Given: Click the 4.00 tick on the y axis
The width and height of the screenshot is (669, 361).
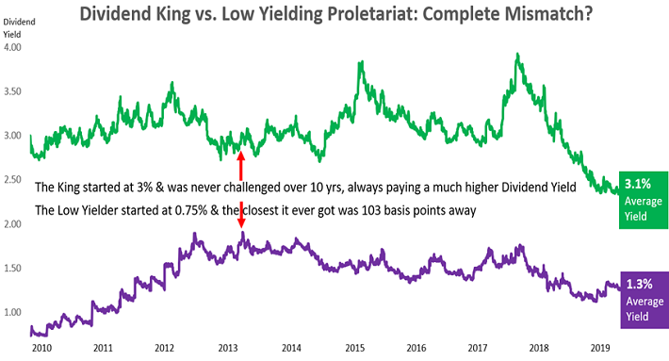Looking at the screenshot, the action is click(x=12, y=47).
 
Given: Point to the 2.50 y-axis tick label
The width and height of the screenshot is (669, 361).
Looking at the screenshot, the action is click(x=12, y=180).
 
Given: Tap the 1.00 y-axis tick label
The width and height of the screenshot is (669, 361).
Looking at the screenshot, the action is click(x=12, y=312).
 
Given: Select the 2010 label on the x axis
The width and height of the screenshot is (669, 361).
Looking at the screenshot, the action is click(x=41, y=348).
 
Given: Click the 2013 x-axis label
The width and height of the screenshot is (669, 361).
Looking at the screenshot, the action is click(x=228, y=348).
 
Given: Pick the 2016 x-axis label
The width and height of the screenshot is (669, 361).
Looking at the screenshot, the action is click(x=416, y=348).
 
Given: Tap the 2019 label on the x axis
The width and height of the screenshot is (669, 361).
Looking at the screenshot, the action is click(x=600, y=348).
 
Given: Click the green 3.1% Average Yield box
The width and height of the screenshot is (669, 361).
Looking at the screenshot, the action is click(x=644, y=200).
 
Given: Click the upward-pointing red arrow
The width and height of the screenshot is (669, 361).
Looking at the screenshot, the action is click(x=240, y=166).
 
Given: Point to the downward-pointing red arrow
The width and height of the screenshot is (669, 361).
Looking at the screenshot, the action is click(x=241, y=215).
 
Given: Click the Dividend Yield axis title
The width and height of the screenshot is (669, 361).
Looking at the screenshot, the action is click(x=19, y=28).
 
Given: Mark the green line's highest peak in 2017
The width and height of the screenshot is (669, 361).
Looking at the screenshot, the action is click(x=517, y=54).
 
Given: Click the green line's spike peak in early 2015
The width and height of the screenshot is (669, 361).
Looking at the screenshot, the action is click(x=362, y=62).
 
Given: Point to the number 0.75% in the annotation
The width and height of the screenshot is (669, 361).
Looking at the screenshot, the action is click(x=191, y=210).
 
